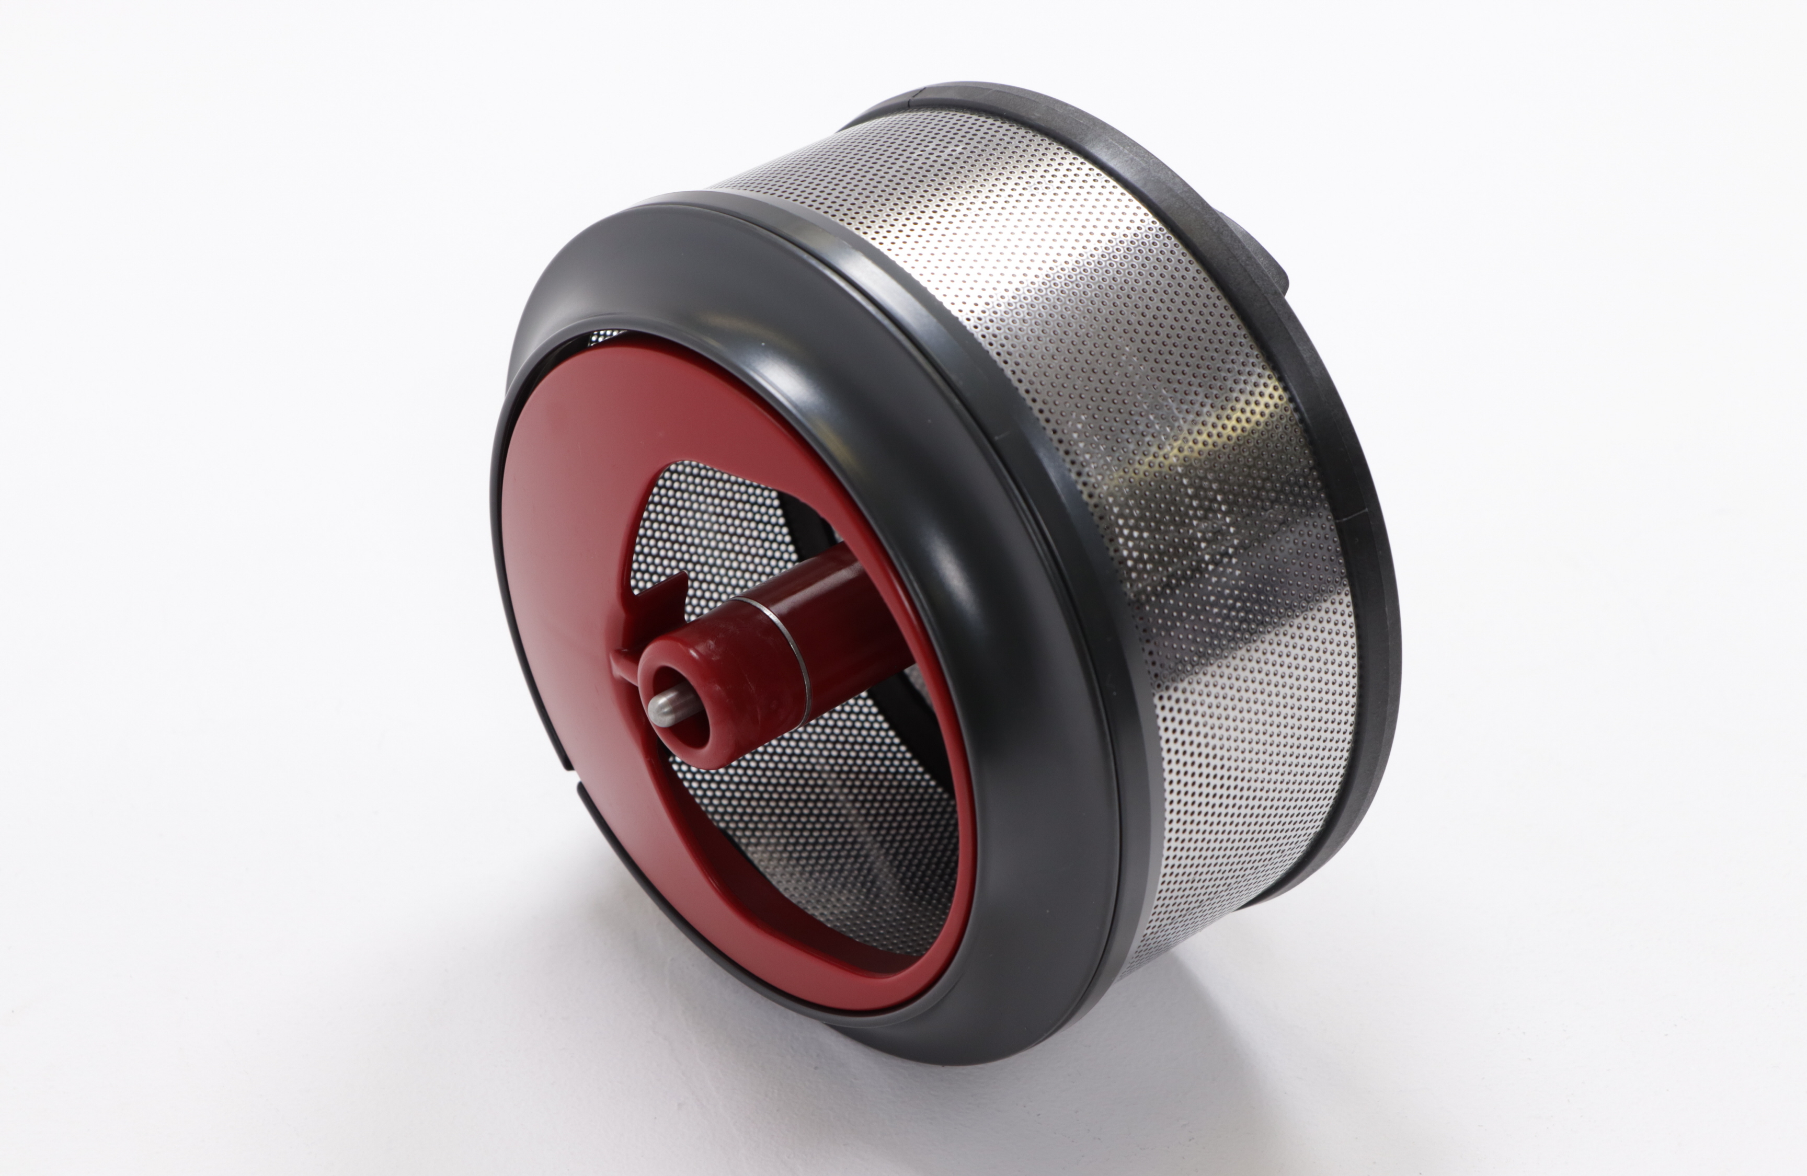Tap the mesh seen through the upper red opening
(706, 524)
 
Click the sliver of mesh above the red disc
(608, 335)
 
